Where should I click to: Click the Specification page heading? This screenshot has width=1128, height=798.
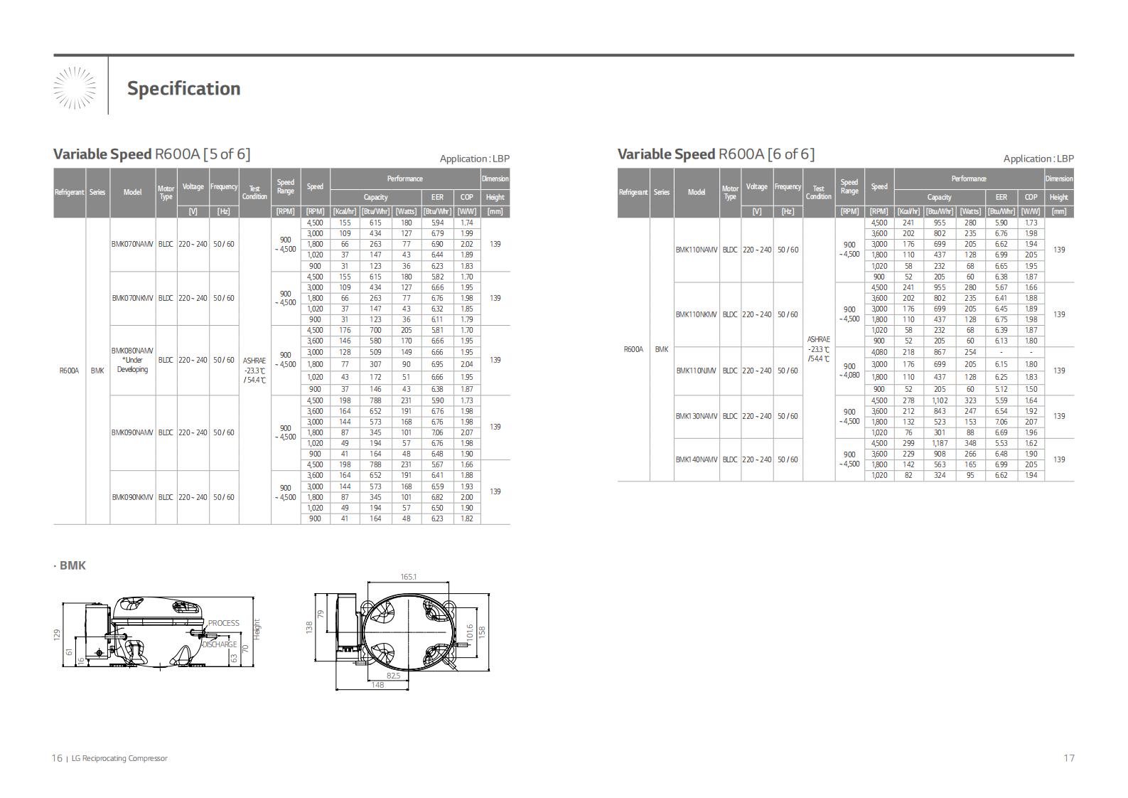[184, 89]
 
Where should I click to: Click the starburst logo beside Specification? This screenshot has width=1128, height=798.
[75, 87]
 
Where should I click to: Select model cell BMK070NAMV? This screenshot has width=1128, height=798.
[132, 245]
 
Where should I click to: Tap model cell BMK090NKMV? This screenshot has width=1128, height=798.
[132, 497]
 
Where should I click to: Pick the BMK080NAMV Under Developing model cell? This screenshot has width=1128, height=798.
[132, 360]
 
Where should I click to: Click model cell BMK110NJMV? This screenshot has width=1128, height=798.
[697, 371]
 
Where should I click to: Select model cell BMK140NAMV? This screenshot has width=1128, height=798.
[697, 459]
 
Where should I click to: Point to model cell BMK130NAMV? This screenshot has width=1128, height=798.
[697, 416]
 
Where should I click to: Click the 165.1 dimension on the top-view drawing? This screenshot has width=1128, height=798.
[409, 577]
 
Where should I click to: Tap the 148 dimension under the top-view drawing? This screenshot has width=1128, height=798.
[377, 685]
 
